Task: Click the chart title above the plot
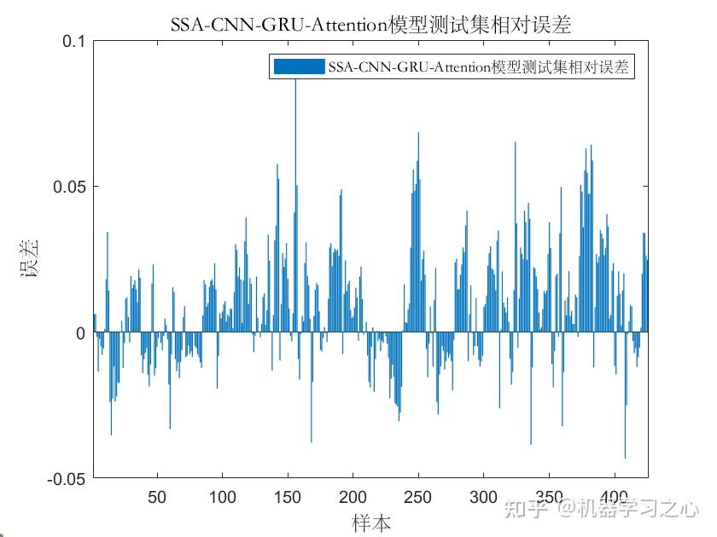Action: pyautogui.click(x=370, y=26)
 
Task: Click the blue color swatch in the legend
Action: pyautogui.click(x=298, y=67)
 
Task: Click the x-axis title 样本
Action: pyautogui.click(x=371, y=522)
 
